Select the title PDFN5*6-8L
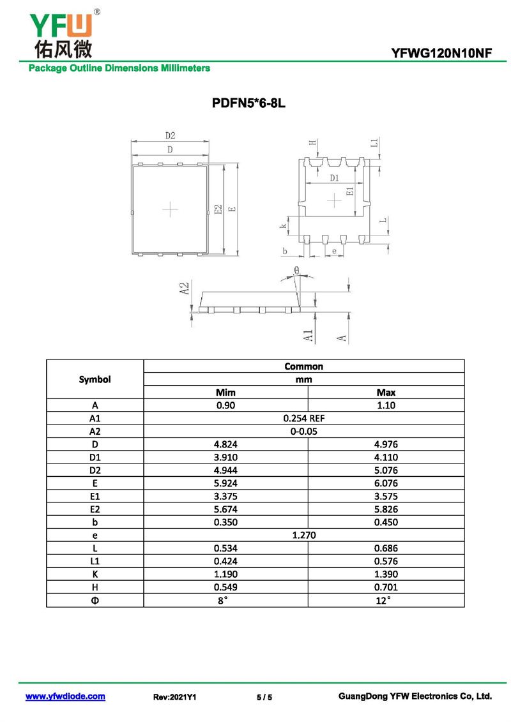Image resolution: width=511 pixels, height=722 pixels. click(x=248, y=103)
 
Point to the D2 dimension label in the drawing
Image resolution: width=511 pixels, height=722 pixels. click(x=170, y=135)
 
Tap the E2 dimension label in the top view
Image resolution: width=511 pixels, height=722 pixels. click(x=218, y=209)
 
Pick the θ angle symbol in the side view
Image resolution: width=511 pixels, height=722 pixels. click(x=296, y=271)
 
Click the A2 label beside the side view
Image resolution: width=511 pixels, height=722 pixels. click(x=185, y=288)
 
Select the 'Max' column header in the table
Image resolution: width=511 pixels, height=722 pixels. click(x=386, y=392)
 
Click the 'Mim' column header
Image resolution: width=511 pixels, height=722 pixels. click(x=225, y=392)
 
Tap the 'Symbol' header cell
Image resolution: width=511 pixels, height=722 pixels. click(x=95, y=379)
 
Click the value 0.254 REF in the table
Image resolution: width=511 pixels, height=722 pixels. click(x=303, y=418)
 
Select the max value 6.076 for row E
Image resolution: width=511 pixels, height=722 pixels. click(x=386, y=483)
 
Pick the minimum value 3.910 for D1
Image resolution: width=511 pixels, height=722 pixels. click(x=225, y=457)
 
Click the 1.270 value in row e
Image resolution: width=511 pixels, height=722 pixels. click(x=303, y=535)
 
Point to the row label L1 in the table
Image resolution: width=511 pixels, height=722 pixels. click(x=95, y=561)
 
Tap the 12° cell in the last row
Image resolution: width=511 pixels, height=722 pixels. click(x=386, y=600)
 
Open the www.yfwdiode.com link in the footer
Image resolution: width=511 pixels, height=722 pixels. click(x=65, y=696)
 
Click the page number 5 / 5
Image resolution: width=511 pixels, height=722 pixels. click(x=264, y=697)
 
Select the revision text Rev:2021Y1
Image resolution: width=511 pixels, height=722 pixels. click(x=174, y=697)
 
